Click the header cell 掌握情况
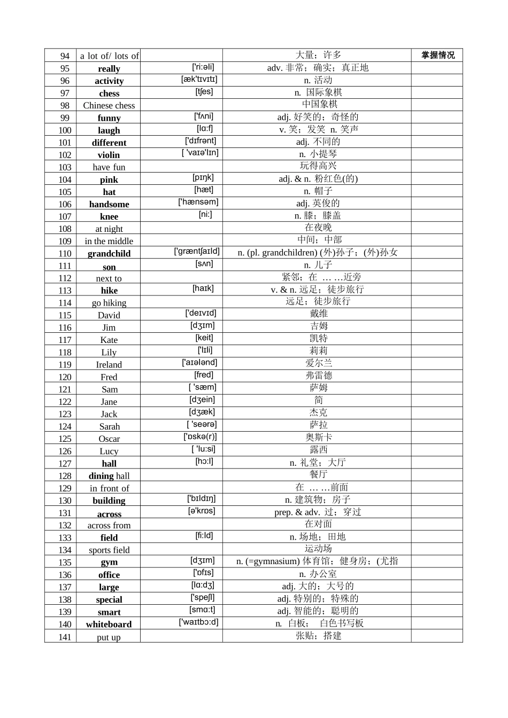pos(437,55)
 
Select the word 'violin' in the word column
pos(109,155)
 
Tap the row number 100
pos(65,130)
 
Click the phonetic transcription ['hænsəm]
pos(198,202)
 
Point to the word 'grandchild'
pos(109,254)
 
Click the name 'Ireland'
pos(109,365)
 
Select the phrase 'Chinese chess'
pos(109,106)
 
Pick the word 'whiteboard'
pos(109,625)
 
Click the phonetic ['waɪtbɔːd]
pos(198,622)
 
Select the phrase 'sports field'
pos(109,550)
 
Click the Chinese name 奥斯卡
pos(318,438)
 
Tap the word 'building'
pos(109,501)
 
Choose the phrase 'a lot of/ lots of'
pos(109,56)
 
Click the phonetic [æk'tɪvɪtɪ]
pos(199,79)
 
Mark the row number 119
pos(65,365)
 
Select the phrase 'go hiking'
pos(109,303)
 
